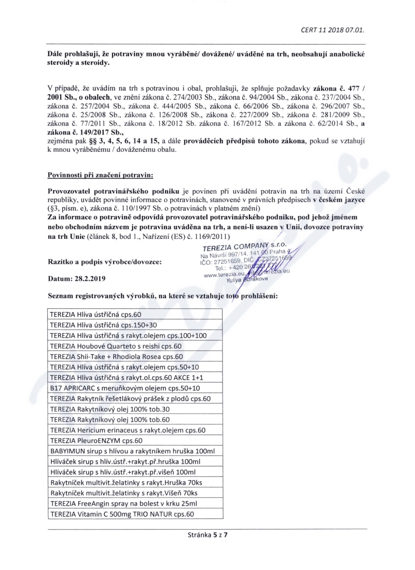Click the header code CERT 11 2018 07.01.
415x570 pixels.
[333, 30]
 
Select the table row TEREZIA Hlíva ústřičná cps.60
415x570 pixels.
[95, 315]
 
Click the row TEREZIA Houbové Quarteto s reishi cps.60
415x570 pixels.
[115, 346]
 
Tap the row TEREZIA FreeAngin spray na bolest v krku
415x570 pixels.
[123, 504]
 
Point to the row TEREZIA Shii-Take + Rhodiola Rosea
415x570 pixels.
[116, 357]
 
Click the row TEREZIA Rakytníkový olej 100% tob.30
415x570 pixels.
[109, 409]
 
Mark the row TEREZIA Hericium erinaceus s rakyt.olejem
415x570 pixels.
[128, 430]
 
